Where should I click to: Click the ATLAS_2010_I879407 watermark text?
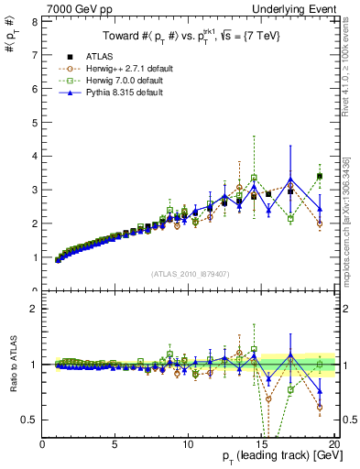[x=190, y=273]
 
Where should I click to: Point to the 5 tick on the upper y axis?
[x=34, y=122]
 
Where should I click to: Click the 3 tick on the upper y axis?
[x=34, y=190]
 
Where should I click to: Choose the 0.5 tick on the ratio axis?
[x=30, y=420]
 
